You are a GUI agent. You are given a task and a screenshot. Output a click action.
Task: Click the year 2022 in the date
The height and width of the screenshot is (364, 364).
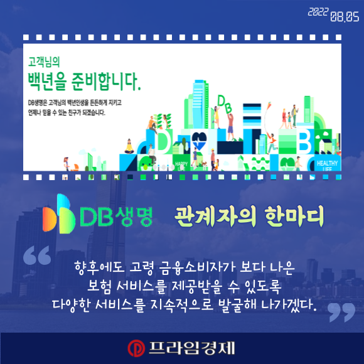tap(318, 12)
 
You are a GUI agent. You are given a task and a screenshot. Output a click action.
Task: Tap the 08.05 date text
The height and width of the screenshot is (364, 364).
tap(345, 17)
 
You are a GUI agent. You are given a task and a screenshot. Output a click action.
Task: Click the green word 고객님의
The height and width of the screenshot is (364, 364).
tap(44, 62)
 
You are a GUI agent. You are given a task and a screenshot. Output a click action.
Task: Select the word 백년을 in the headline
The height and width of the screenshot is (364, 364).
tap(47, 82)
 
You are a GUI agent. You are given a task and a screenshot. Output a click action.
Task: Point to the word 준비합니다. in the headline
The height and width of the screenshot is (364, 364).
tap(106, 82)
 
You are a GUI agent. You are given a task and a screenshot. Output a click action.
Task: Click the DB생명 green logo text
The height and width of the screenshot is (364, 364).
tap(116, 216)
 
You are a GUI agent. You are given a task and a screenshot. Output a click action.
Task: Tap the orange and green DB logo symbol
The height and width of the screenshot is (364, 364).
tap(59, 213)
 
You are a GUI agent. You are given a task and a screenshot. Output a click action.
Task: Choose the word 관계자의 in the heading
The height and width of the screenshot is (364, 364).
tap(215, 216)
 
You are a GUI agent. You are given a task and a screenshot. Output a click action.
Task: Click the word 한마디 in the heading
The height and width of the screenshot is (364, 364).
tap(294, 216)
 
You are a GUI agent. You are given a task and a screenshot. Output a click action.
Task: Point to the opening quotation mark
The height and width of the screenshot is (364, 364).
tap(37, 255)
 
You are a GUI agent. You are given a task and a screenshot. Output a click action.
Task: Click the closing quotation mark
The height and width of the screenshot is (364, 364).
tap(341, 312)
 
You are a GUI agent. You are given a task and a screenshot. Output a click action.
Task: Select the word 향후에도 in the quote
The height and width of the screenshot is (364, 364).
tap(100, 267)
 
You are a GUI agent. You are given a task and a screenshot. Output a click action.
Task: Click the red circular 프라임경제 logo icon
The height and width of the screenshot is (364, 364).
tap(136, 348)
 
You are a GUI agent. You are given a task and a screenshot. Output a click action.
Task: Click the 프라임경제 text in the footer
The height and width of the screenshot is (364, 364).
tap(191, 348)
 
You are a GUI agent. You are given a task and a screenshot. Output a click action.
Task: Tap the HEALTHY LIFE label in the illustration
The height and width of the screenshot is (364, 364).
tap(327, 165)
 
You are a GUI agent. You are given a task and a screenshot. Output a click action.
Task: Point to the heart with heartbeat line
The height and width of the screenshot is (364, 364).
tap(199, 140)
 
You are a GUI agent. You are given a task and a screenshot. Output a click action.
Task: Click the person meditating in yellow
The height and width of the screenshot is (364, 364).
tap(129, 147)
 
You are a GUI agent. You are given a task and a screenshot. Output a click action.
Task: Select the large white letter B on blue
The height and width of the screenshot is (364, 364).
tap(304, 141)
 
